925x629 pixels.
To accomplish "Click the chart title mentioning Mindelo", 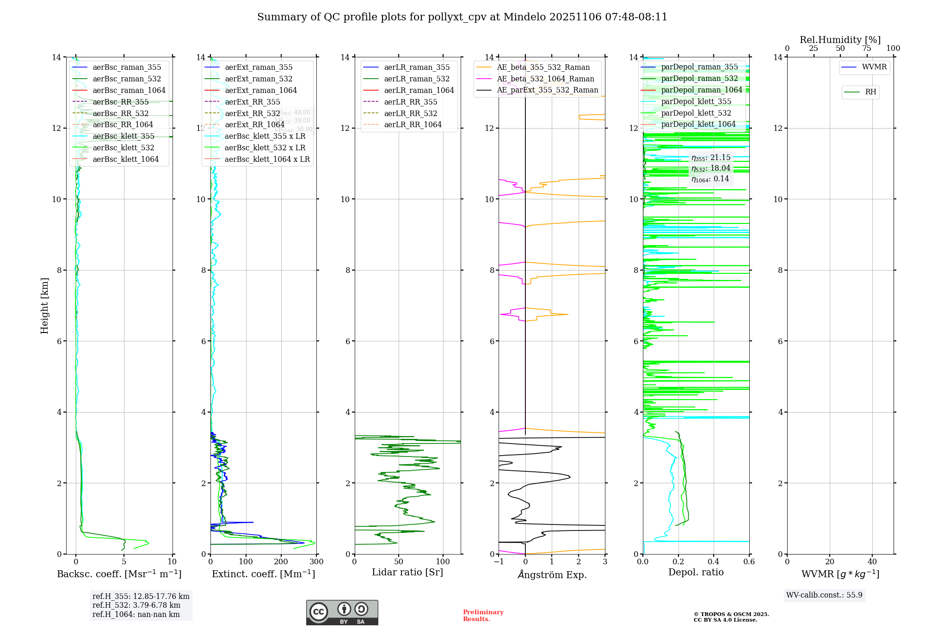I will pyautogui.click(x=462, y=17).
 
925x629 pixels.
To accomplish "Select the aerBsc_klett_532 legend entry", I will pyautogui.click(x=123, y=148).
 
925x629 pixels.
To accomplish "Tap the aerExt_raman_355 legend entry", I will pyautogui.click(x=259, y=68).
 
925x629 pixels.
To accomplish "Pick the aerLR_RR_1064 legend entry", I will pyautogui.click(x=413, y=125).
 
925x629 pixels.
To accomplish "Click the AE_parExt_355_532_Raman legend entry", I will pyautogui.click(x=547, y=90).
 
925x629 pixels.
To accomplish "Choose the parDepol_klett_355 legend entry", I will pyautogui.click(x=696, y=102).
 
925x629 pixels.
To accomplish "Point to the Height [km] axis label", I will pyautogui.click(x=44, y=305).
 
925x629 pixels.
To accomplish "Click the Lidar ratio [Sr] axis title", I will pyautogui.click(x=407, y=573).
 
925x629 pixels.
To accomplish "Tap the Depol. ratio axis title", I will pyautogui.click(x=696, y=573).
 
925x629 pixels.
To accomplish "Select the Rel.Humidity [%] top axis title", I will pyautogui.click(x=840, y=40).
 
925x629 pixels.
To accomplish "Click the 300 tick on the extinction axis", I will pyautogui.click(x=316, y=562).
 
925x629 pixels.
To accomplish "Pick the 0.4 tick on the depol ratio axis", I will pyautogui.click(x=714, y=562).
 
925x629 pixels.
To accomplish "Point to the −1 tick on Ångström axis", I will pyautogui.click(x=499, y=562).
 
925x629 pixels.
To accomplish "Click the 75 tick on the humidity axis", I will pyautogui.click(x=867, y=49).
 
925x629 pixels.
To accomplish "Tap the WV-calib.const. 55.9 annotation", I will pyautogui.click(x=824, y=595).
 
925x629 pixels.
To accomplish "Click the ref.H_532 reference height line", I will pyautogui.click(x=136, y=605).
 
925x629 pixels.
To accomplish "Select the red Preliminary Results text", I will pyautogui.click(x=483, y=616).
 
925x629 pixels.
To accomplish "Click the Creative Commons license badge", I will pyautogui.click(x=342, y=612).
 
